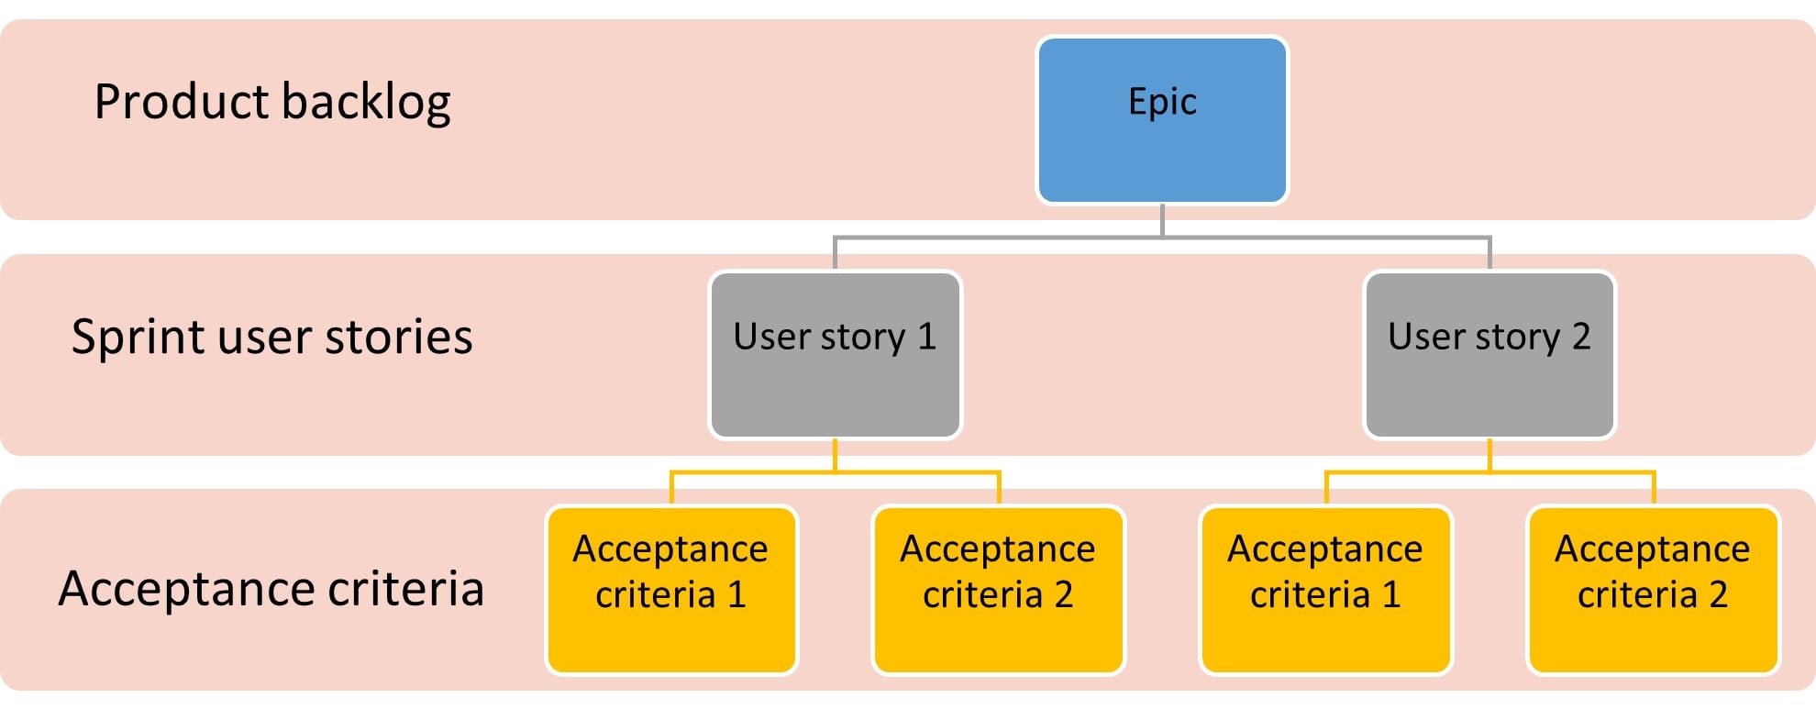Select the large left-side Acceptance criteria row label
point(271,588)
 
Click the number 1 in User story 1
point(926,337)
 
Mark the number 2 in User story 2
point(1580,337)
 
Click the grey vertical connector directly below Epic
point(1162,220)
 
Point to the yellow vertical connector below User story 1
point(835,455)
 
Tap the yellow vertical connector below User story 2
point(1489,455)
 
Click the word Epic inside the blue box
point(1162,102)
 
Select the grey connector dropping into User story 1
point(835,254)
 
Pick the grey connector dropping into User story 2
point(1489,254)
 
